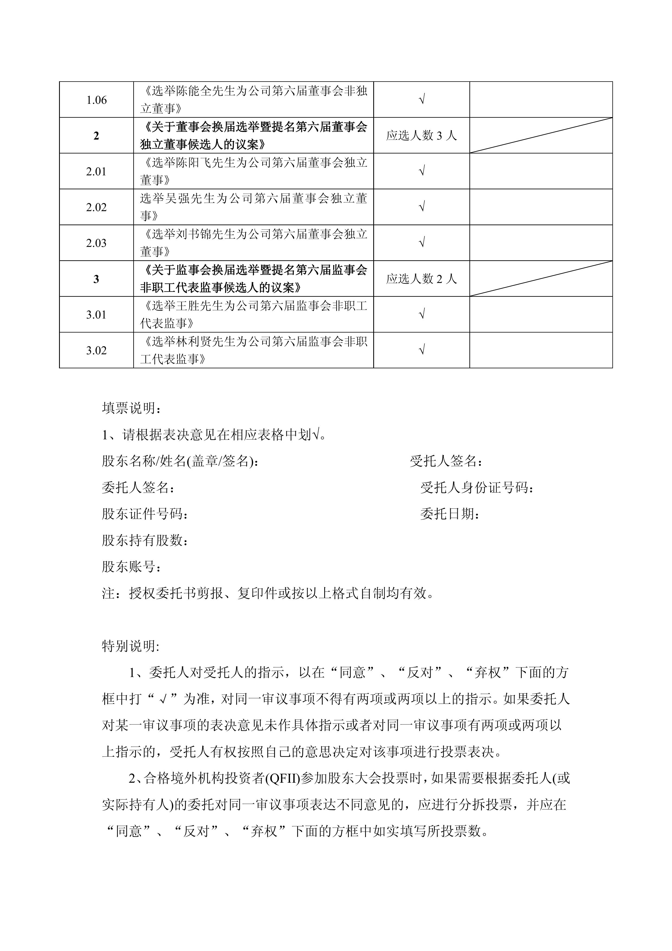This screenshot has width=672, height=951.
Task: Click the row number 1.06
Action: [x=96, y=100]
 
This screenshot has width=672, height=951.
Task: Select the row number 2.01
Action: [x=96, y=172]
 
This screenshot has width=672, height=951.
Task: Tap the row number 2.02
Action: [x=96, y=207]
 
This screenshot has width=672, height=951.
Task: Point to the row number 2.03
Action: [x=96, y=243]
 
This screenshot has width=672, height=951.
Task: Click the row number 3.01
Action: [x=96, y=315]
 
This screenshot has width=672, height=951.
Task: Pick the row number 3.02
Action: [x=96, y=350]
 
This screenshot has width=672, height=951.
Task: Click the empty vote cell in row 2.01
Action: [x=541, y=172]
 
